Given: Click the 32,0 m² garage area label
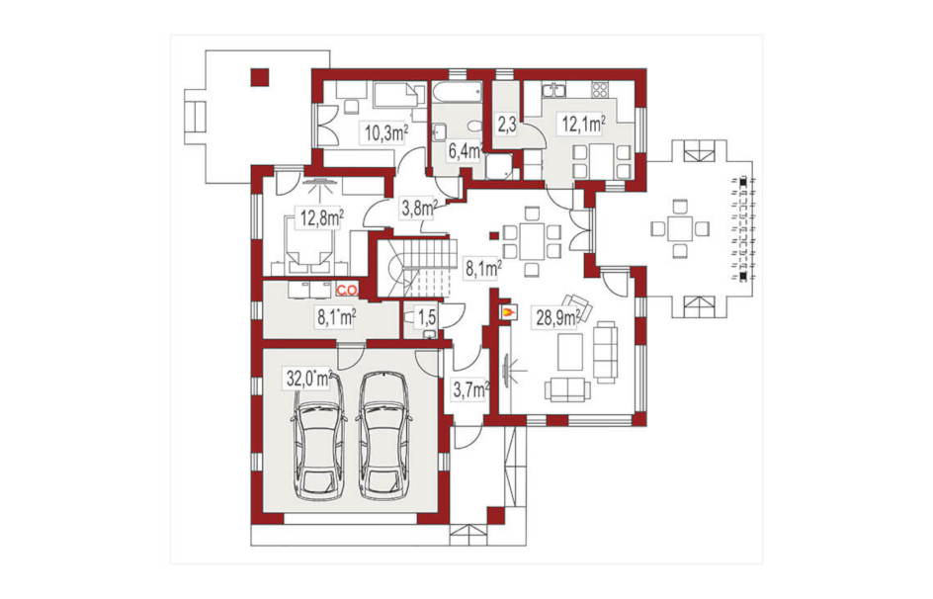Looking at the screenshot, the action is pyautogui.click(x=308, y=379).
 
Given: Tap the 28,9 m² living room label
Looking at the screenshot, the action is pyautogui.click(x=557, y=318).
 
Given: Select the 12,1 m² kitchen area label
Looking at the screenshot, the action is pyautogui.click(x=584, y=124).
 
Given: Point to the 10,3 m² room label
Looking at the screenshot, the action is pyautogui.click(x=386, y=132).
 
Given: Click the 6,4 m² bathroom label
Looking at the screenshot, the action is pyautogui.click(x=465, y=151).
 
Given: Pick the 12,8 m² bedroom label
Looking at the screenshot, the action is pyautogui.click(x=322, y=217).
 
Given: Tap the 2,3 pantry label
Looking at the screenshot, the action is pyautogui.click(x=506, y=127).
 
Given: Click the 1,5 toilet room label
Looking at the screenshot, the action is pyautogui.click(x=426, y=317).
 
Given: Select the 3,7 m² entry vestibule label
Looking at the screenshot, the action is pyautogui.click(x=471, y=390).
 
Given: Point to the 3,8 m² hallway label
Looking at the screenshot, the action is pyautogui.click(x=419, y=209).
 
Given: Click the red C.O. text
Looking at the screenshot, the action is pyautogui.click(x=347, y=291).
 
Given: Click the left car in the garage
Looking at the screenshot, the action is pyautogui.click(x=319, y=437).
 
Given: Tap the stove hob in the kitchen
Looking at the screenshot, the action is pyautogui.click(x=599, y=90).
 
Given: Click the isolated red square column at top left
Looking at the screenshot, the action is pyautogui.click(x=259, y=77).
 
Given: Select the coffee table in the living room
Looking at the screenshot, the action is pyautogui.click(x=570, y=352).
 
